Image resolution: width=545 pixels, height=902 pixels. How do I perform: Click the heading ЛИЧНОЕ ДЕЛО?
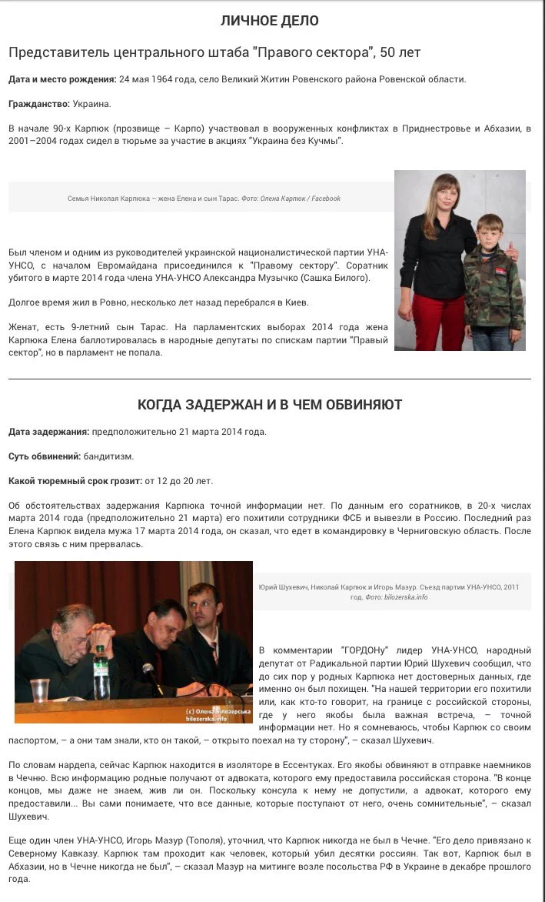(x=269, y=21)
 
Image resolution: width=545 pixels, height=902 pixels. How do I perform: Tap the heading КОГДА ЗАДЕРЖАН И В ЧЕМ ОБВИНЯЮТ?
(x=269, y=404)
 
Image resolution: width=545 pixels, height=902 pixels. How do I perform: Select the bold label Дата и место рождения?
(x=62, y=79)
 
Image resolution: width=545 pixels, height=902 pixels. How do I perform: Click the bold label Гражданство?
(x=39, y=104)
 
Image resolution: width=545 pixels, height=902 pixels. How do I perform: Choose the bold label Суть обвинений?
(x=45, y=456)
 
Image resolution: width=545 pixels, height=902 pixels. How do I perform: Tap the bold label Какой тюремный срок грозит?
(x=75, y=481)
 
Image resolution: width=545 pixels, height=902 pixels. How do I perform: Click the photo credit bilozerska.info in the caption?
(x=407, y=596)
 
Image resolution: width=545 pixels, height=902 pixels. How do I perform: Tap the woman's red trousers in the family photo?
(x=435, y=319)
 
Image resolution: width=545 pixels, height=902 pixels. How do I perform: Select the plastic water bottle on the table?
(x=101, y=673)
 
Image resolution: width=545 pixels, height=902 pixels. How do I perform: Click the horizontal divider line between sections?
(x=269, y=379)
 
